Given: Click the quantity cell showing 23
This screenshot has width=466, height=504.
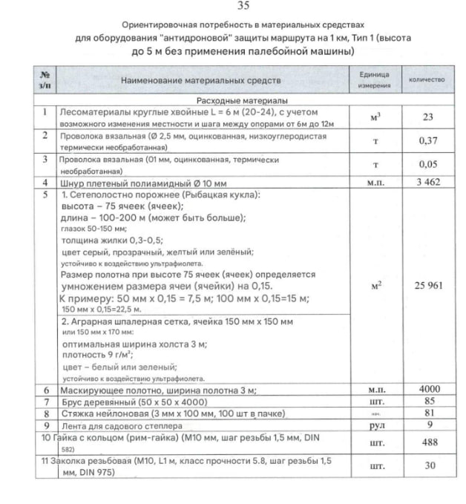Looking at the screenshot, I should click(427, 117).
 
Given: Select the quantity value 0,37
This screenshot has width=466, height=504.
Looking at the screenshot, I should click(427, 140).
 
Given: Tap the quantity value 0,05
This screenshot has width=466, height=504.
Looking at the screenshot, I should click(427, 164).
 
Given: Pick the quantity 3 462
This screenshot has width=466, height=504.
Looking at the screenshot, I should click(427, 181).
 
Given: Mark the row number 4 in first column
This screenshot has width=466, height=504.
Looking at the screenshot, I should click(45, 181).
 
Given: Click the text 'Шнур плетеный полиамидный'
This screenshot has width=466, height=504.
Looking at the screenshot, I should click(116, 182).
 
